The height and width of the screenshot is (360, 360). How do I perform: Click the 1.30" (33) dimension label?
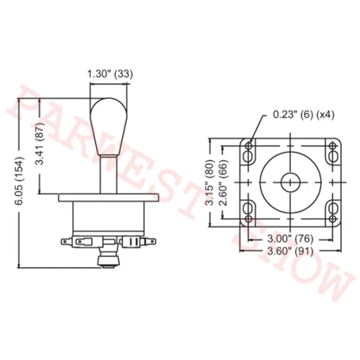[x=110, y=74]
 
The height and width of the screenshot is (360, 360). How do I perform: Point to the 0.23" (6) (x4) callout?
[x=303, y=114]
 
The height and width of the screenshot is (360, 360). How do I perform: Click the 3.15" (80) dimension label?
[x=210, y=182]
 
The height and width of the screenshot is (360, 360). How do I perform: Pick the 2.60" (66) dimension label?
[x=223, y=182]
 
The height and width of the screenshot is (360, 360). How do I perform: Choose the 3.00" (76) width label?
[x=290, y=239]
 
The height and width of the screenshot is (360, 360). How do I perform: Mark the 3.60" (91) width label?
[x=290, y=252]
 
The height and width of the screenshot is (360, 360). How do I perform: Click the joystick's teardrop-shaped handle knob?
[x=108, y=127]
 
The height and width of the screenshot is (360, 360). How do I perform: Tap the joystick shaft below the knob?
[x=108, y=175]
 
